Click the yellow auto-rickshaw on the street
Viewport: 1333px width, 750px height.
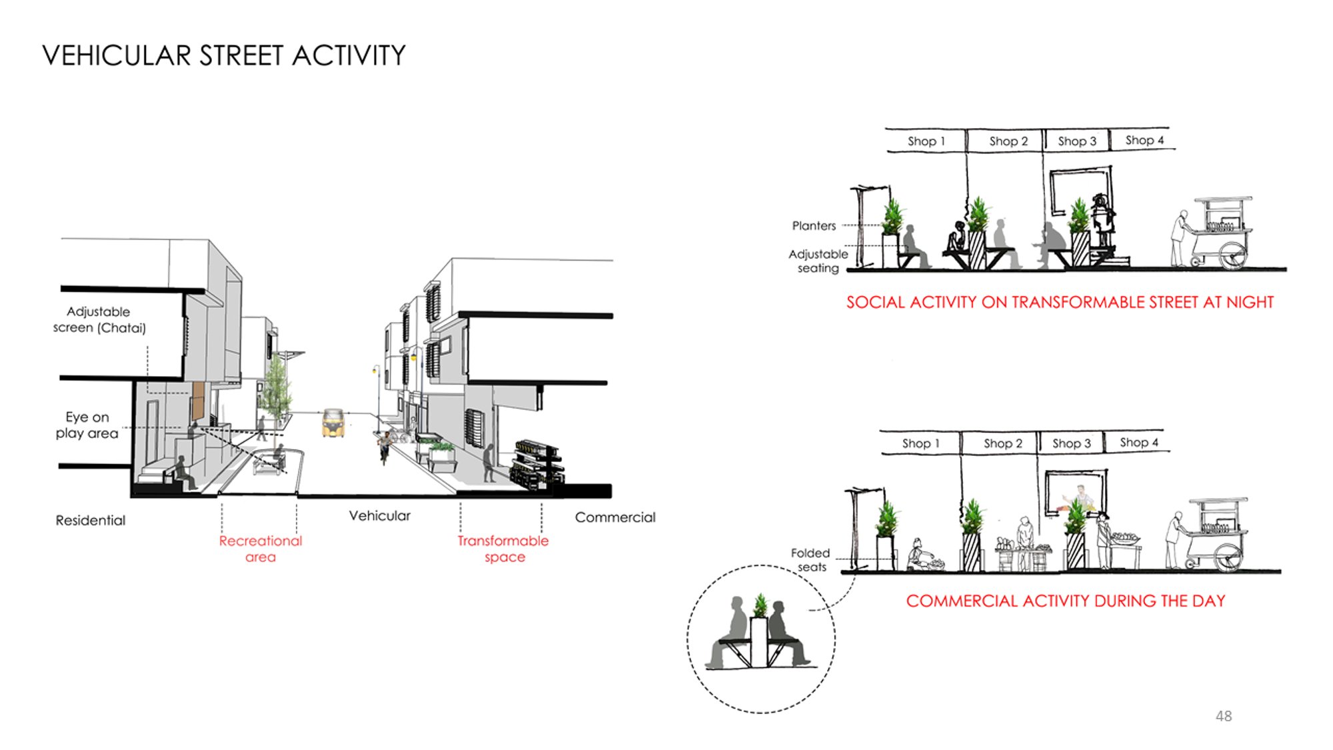333,423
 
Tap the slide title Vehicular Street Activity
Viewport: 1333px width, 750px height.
224,55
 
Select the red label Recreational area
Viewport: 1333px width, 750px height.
261,549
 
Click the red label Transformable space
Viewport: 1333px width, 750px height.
503,549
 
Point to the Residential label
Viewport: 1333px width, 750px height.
91,520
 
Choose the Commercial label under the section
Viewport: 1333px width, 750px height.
615,517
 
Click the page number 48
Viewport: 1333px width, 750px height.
1224,716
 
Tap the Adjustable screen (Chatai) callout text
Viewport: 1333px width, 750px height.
99,319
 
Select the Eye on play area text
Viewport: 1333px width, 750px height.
87,425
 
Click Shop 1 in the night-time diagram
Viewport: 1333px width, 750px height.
926,141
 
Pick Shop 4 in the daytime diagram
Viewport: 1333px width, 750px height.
1139,442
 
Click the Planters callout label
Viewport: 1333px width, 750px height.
814,226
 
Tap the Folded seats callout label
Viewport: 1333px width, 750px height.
810,560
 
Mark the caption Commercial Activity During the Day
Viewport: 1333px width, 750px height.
1066,601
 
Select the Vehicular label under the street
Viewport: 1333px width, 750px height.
380,516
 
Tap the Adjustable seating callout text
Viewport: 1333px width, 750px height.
818,261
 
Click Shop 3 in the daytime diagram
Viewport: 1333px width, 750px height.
1072,443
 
